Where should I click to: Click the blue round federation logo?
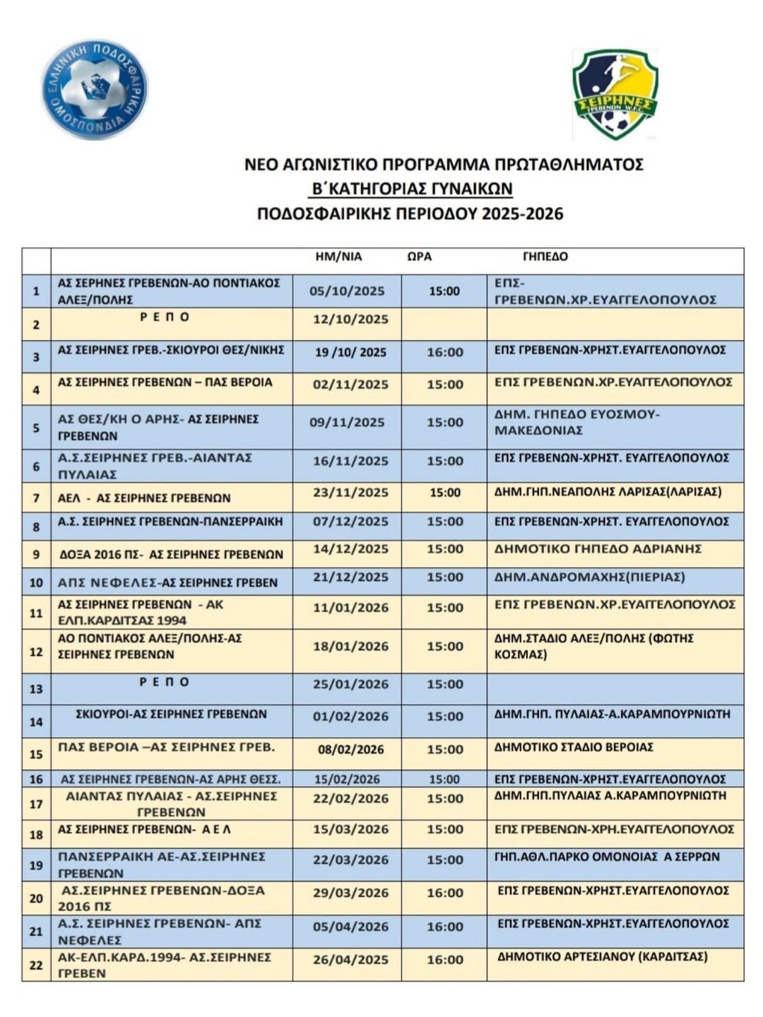95,90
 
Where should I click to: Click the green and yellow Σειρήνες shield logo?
615,94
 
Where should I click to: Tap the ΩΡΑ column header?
419,257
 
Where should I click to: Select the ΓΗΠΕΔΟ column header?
545,257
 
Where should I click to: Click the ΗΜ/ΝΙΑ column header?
338,257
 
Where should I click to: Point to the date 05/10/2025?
347,291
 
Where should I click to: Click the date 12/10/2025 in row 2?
350,319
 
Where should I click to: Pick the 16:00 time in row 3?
445,352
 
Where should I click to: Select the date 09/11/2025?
347,423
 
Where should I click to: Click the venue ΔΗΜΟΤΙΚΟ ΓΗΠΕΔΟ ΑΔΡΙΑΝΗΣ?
598,549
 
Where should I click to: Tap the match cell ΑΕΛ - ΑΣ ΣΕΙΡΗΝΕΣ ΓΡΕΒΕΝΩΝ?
144,498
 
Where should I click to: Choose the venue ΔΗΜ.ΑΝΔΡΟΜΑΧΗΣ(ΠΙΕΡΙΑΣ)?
589,577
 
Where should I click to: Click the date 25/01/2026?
350,684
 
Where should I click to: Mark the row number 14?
36,722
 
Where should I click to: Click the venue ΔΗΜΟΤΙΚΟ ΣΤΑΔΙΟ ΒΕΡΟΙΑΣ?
574,747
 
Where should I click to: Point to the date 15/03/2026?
350,829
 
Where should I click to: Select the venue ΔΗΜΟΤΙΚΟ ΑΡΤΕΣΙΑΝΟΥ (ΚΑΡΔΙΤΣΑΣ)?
603,957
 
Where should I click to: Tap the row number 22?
36,965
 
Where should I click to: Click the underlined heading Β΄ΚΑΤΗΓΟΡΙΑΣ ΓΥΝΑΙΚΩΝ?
413,189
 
